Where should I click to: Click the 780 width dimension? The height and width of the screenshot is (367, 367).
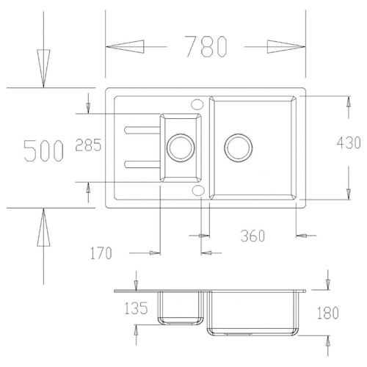tap(206, 46)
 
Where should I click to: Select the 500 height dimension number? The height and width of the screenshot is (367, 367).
tap(44, 150)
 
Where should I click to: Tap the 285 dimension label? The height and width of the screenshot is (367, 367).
tap(88, 145)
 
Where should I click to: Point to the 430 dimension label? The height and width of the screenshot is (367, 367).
tap(349, 143)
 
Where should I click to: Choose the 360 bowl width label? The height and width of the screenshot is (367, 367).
tap(252, 236)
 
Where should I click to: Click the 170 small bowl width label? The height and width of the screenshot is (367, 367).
tap(101, 253)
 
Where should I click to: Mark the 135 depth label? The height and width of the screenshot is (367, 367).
tap(136, 308)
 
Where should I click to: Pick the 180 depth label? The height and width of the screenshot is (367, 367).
tap(328, 313)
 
